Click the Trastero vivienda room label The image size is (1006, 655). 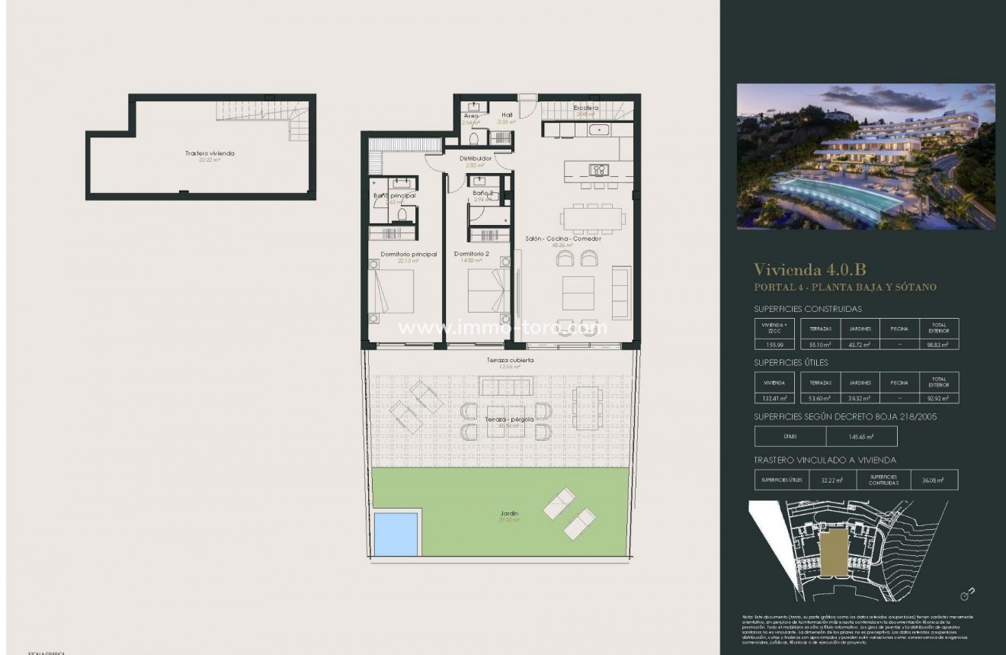(210, 153)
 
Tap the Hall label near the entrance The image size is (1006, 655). (507, 115)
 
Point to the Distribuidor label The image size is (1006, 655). (474, 159)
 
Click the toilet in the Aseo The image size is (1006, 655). (474, 139)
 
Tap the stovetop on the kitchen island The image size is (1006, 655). (599, 170)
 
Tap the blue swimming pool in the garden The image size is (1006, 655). (396, 534)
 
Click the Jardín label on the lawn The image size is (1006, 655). (510, 515)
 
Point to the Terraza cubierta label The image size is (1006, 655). (510, 360)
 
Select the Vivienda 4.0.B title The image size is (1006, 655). (809, 269)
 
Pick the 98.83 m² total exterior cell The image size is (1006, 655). (938, 345)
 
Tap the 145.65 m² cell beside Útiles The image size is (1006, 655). (861, 437)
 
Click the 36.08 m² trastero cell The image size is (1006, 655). (933, 480)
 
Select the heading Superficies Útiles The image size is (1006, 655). (790, 362)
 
